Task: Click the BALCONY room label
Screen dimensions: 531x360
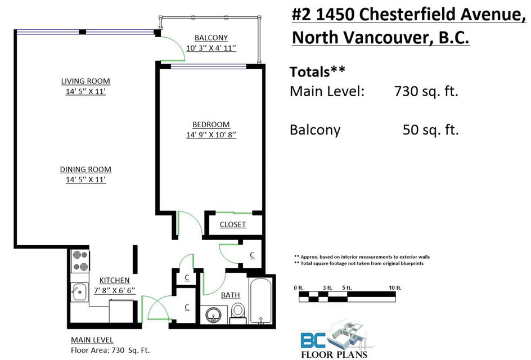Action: click(x=211, y=38)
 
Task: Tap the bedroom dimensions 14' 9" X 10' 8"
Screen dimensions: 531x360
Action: click(x=211, y=135)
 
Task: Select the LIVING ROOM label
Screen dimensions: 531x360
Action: click(x=85, y=81)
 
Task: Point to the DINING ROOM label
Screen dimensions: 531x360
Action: click(x=85, y=169)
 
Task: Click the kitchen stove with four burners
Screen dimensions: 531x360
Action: click(x=80, y=261)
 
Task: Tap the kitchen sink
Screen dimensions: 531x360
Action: click(x=79, y=292)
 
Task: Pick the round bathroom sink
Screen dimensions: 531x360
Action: click(x=214, y=315)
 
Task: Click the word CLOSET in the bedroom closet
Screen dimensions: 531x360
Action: click(x=233, y=224)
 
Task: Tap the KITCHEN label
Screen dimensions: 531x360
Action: click(x=114, y=281)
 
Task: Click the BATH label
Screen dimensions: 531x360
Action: click(x=230, y=295)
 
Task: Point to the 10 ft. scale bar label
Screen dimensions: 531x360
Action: click(x=395, y=288)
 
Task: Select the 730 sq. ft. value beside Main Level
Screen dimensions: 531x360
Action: click(x=426, y=92)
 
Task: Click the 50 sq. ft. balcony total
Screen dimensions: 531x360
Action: click(x=430, y=130)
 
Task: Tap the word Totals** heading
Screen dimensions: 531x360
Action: click(x=317, y=72)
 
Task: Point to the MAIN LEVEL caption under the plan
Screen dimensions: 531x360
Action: click(x=92, y=340)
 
